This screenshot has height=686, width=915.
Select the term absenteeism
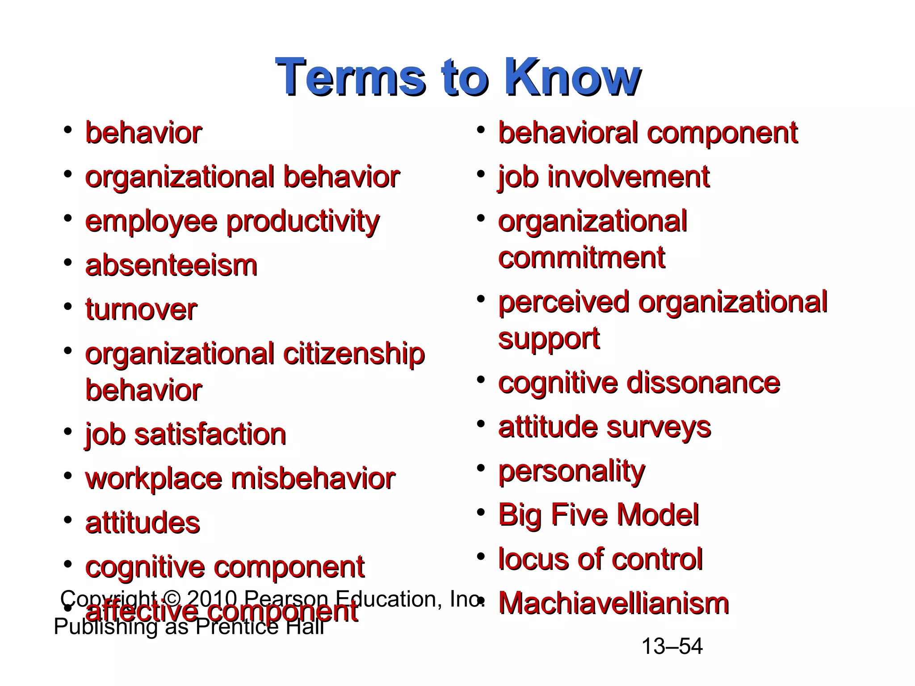pos(171,266)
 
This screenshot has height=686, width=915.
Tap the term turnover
pos(141,310)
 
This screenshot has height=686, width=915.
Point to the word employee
pos(151,222)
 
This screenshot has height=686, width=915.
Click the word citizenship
pos(354,355)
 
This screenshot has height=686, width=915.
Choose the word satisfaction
pos(210,435)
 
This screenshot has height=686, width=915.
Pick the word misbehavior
pos(313,479)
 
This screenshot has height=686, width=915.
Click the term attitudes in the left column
pos(143,523)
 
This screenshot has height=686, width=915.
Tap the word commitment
pos(581,258)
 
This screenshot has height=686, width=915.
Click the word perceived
pos(563,302)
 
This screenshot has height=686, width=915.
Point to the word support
pos(549,339)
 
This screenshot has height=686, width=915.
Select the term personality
pos(571,471)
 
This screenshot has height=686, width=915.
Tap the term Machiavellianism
pos(613,603)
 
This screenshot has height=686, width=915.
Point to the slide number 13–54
pos(672,646)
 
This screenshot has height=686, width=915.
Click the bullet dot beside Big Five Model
pos(481,512)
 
